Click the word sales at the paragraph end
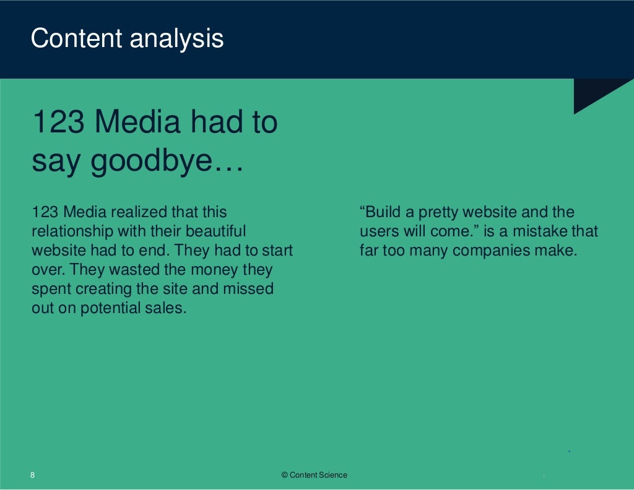coord(168,308)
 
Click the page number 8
coord(33,475)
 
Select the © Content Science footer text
coord(315,475)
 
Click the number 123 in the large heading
coord(58,123)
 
